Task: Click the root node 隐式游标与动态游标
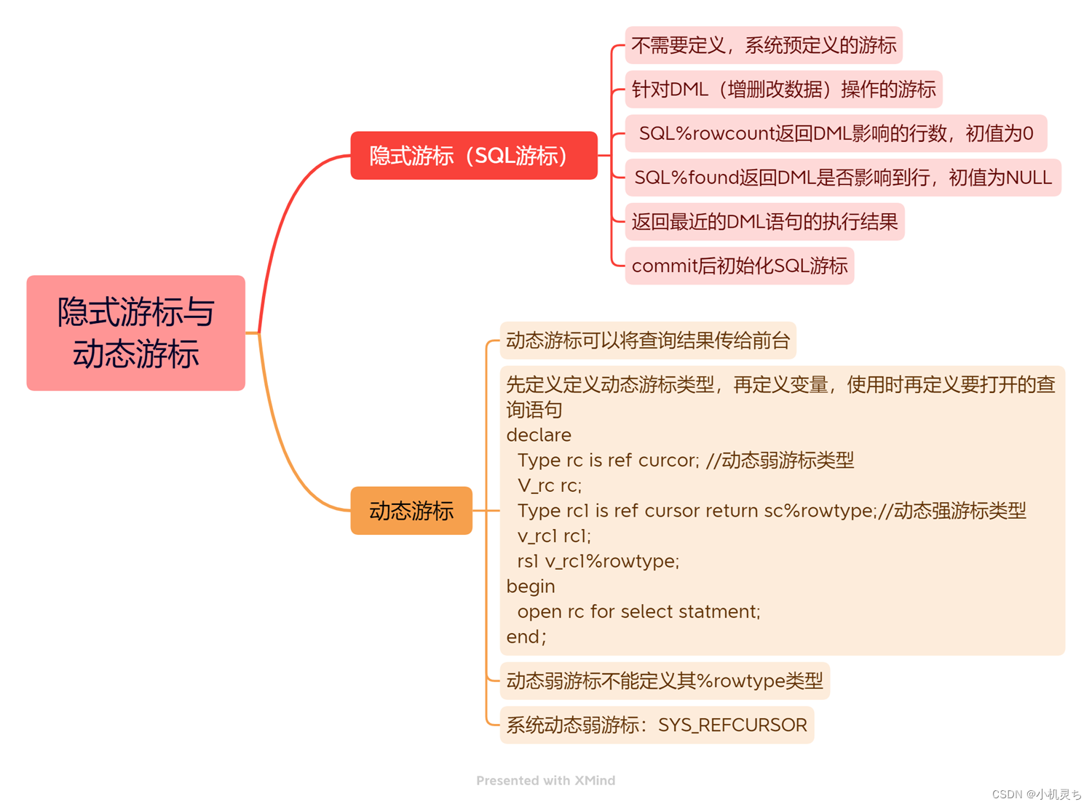[135, 333]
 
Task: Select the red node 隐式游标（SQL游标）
[473, 156]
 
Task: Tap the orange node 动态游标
[411, 511]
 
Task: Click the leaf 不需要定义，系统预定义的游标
[764, 45]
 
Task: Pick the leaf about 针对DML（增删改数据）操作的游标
[783, 90]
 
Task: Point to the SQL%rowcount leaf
[836, 134]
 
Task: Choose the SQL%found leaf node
[842, 178]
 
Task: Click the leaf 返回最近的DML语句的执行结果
[764, 222]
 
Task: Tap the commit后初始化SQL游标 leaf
[739, 266]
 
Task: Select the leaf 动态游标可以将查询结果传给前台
[648, 341]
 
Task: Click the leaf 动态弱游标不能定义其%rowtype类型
[664, 681]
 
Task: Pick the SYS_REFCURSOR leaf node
[657, 725]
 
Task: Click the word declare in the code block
[539, 435]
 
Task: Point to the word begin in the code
[531, 587]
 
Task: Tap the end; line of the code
[526, 637]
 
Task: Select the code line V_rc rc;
[550, 485]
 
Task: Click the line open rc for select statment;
[638, 612]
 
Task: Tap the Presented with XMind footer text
[545, 781]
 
